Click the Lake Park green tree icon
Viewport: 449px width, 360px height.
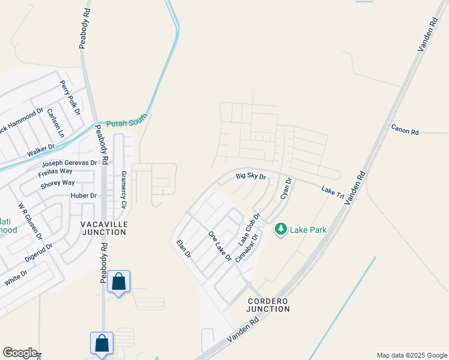pyautogui.click(x=280, y=229)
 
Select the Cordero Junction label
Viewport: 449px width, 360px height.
pyautogui.click(x=268, y=305)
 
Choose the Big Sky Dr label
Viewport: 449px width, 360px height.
pyautogui.click(x=250, y=176)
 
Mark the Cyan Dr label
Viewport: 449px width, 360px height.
pyautogui.click(x=286, y=188)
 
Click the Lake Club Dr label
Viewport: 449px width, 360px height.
pyautogui.click(x=250, y=229)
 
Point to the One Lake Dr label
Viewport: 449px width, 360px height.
pyautogui.click(x=220, y=246)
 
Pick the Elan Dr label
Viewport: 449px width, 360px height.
pyautogui.click(x=184, y=249)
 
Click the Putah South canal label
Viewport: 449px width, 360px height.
pyautogui.click(x=127, y=124)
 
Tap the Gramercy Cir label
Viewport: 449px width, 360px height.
pyautogui.click(x=124, y=189)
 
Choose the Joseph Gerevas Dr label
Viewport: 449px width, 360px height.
pyautogui.click(x=69, y=163)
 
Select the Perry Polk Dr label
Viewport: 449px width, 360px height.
pyautogui.click(x=70, y=98)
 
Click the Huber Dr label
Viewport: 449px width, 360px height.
pyautogui.click(x=83, y=196)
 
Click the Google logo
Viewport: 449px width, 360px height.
pyautogui.click(x=20, y=353)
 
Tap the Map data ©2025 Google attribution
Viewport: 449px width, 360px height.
pyautogui.click(x=411, y=355)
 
